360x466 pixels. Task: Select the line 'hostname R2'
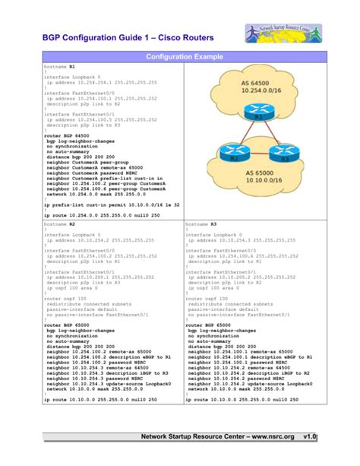60,226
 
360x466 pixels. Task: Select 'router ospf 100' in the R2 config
64,300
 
